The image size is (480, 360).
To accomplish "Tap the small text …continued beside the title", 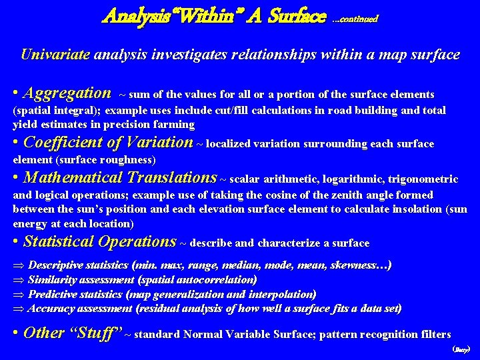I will click(355, 19).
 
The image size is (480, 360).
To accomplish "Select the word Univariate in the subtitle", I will click(55, 55).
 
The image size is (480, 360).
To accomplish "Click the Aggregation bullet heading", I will click(67, 93).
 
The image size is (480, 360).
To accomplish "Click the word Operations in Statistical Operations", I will click(137, 241).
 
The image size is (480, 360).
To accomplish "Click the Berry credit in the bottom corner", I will click(461, 349).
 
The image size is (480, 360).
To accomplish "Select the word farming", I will click(176, 125).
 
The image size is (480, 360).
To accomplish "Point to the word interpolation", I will click(281, 294).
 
